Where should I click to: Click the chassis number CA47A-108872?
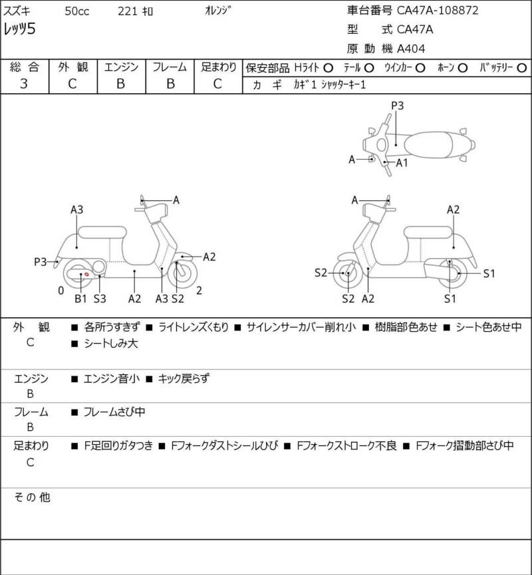[x=438, y=10]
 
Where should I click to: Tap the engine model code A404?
[x=411, y=49]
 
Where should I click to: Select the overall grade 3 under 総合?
[x=24, y=84]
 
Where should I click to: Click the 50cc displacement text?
[x=77, y=11]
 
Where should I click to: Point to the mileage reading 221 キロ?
[x=135, y=11]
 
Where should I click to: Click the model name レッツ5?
[x=19, y=29]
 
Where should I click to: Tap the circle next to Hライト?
[x=328, y=68]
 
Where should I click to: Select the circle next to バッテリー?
[x=521, y=68]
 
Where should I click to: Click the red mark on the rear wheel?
[x=87, y=275]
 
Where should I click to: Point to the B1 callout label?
[x=80, y=298]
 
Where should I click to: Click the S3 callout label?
[x=100, y=298]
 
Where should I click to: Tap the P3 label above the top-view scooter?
[x=397, y=106]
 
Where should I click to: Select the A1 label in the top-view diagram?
[x=402, y=163]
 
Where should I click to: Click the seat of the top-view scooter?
[x=428, y=145]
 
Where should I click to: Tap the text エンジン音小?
[x=112, y=378]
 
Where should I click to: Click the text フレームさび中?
[x=114, y=412]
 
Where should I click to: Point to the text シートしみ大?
[x=111, y=343]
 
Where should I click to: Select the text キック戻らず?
[x=184, y=378]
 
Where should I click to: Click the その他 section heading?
[x=32, y=497]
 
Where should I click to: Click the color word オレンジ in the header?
[x=218, y=11]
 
